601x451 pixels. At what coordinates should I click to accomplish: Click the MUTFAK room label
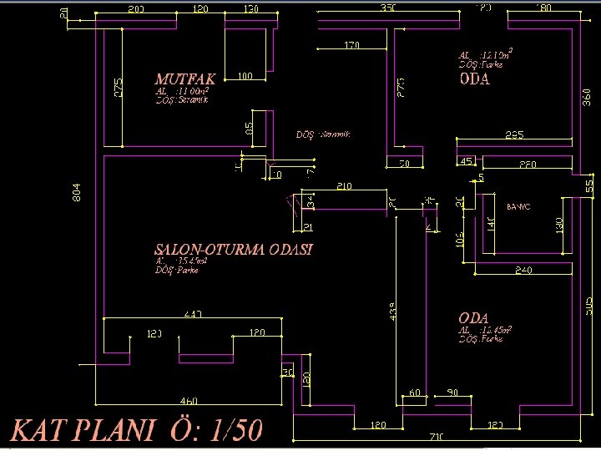pyautogui.click(x=185, y=79)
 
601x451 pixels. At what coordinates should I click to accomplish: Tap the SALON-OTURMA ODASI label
pyautogui.click(x=234, y=250)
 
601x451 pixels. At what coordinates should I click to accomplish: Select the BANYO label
pyautogui.click(x=518, y=205)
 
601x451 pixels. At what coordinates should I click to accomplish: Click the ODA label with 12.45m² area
pyautogui.click(x=473, y=318)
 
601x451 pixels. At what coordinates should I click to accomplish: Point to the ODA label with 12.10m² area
pyautogui.click(x=474, y=80)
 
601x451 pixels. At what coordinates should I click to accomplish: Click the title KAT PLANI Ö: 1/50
pyautogui.click(x=136, y=430)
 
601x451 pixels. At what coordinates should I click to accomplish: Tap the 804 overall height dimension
pyautogui.click(x=78, y=192)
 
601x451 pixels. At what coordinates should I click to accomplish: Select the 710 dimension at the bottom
pyautogui.click(x=437, y=437)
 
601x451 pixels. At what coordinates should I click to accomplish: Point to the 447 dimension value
pyautogui.click(x=194, y=314)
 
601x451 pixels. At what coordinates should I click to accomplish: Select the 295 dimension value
pyautogui.click(x=515, y=134)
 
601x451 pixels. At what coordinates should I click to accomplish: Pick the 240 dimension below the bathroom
pyautogui.click(x=523, y=270)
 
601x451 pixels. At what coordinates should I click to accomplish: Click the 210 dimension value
pyautogui.click(x=344, y=185)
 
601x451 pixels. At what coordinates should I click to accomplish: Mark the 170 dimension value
pyautogui.click(x=351, y=45)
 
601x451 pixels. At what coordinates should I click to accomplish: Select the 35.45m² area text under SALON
pyautogui.click(x=181, y=261)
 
